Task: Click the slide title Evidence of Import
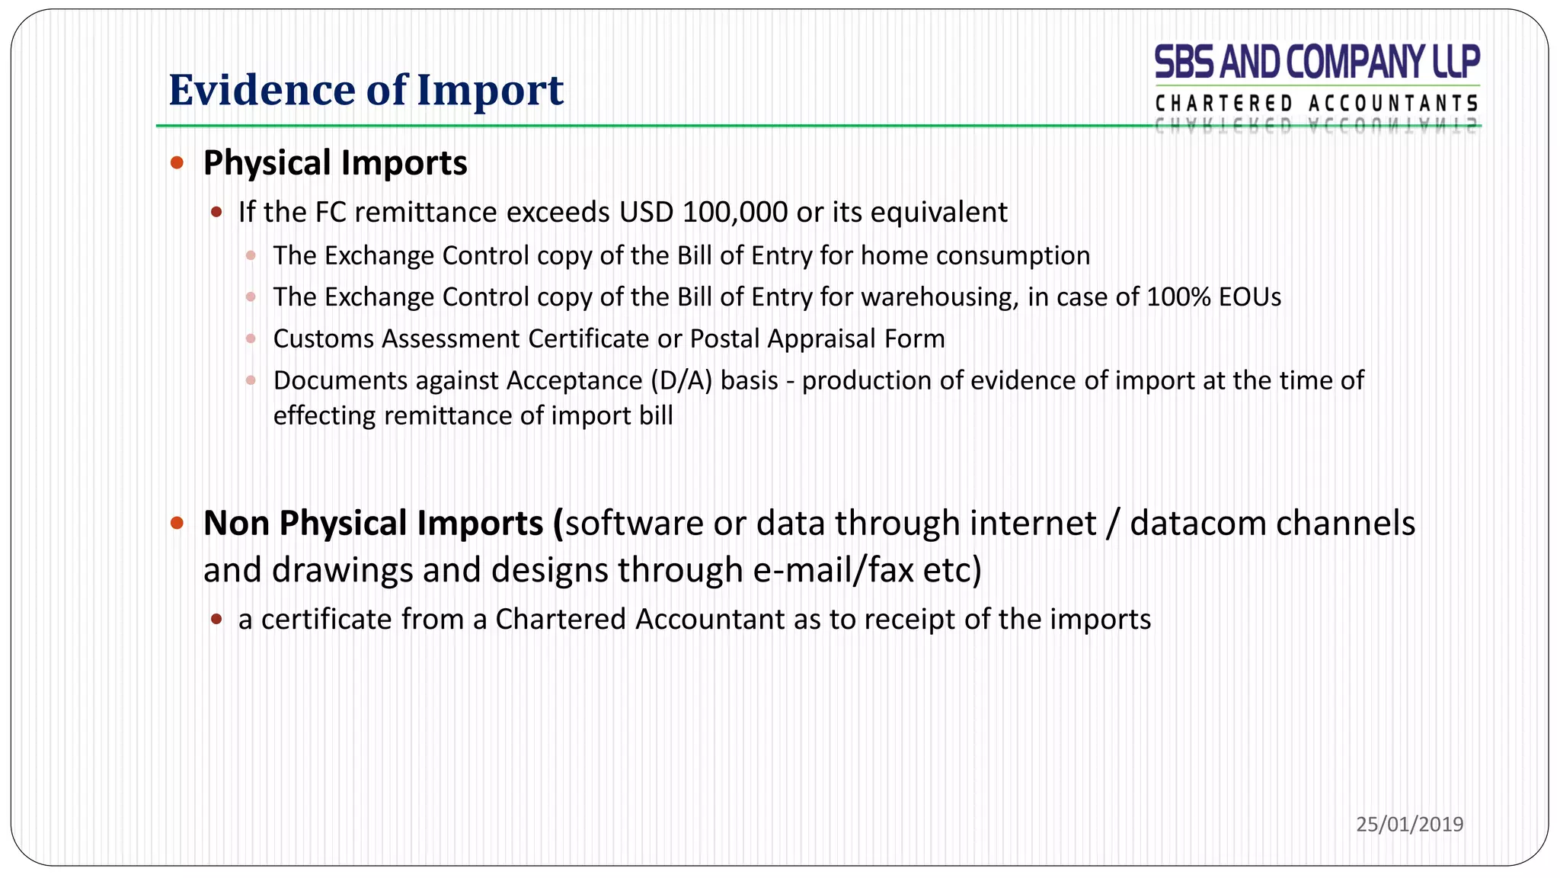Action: point(366,90)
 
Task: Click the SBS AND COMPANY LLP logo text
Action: point(1316,62)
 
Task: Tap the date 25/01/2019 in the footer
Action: point(1409,824)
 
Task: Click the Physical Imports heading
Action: point(335,163)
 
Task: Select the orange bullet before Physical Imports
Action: point(177,162)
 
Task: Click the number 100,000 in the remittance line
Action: point(735,213)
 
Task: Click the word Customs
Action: point(323,339)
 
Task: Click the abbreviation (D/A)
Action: point(681,380)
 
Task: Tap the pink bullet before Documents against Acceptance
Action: point(251,380)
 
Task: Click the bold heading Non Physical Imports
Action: point(373,524)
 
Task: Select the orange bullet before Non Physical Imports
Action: point(177,523)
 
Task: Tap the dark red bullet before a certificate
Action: point(216,619)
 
